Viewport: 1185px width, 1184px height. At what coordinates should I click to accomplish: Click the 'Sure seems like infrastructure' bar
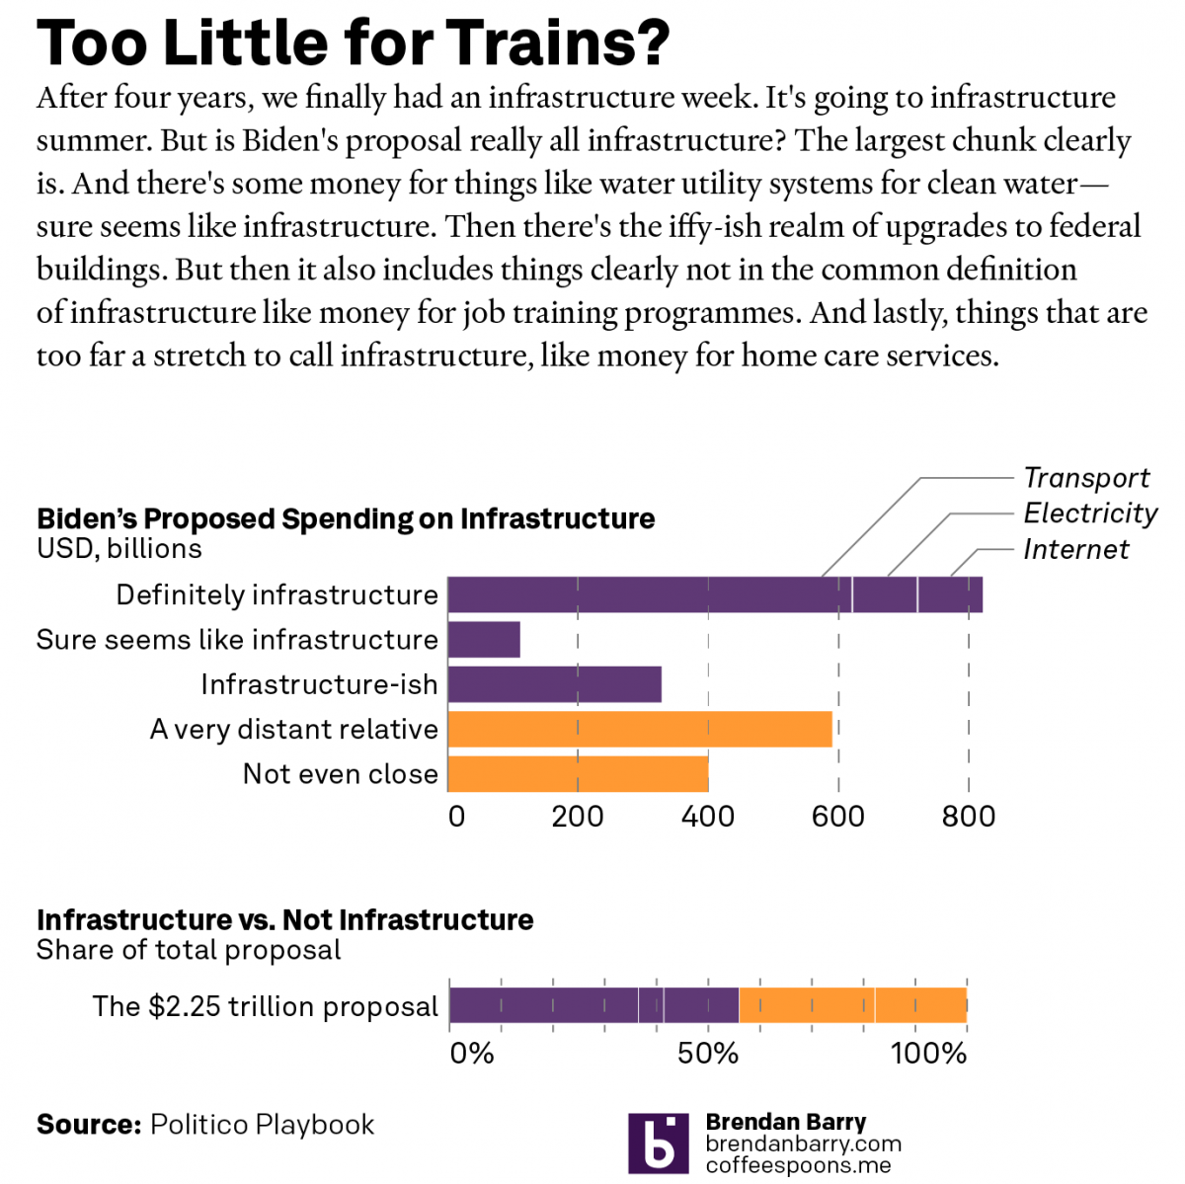point(484,640)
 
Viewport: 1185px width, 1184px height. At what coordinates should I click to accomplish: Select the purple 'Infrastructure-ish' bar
point(554,684)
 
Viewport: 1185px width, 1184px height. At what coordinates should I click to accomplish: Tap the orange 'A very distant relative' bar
point(639,730)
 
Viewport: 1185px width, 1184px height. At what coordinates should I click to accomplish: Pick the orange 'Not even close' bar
point(578,774)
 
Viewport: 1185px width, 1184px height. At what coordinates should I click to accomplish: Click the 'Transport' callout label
point(1086,478)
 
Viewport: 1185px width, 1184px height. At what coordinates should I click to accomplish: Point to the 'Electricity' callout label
point(1089,513)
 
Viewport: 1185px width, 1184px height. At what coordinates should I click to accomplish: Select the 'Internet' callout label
point(1075,549)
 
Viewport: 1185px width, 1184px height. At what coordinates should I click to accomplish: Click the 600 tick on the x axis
point(838,817)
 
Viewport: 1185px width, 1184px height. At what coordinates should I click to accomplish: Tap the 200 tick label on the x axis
point(578,817)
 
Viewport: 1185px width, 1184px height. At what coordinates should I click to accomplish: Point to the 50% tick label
point(708,1054)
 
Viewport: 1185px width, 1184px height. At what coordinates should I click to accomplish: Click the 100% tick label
point(928,1054)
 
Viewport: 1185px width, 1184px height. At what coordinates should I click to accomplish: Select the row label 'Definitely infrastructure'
point(276,595)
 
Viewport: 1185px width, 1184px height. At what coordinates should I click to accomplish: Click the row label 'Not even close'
point(340,774)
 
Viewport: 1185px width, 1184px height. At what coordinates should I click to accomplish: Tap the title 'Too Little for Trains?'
point(354,42)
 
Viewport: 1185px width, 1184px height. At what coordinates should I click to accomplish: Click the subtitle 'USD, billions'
point(119,549)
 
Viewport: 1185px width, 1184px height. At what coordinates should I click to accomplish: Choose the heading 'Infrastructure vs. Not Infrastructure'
point(284,920)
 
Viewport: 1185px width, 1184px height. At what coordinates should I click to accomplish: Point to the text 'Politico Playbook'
point(262,1125)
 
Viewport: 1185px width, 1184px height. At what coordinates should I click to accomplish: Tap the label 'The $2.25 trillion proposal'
point(265,1006)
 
